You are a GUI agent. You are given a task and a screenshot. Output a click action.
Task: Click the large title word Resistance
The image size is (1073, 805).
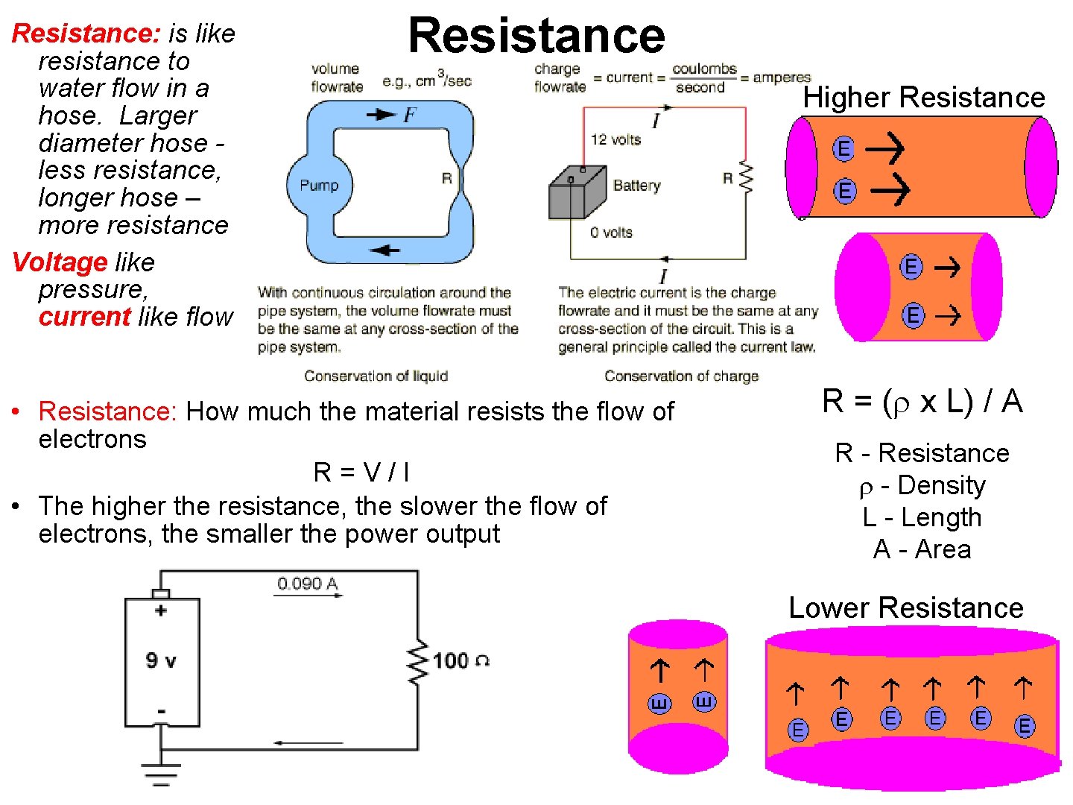click(x=536, y=35)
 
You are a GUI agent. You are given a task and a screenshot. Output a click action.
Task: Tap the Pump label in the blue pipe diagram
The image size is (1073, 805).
click(x=319, y=185)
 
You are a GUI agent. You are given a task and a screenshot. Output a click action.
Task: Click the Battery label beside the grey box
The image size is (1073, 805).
click(x=636, y=185)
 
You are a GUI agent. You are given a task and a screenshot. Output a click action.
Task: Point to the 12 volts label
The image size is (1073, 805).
click(x=615, y=139)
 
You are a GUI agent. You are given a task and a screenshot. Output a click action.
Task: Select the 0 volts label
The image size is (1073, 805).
click(x=611, y=233)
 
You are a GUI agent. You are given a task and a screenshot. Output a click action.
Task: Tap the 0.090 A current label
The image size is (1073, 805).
click(x=307, y=584)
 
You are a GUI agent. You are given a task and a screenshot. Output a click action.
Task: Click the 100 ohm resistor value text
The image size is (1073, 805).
click(x=460, y=660)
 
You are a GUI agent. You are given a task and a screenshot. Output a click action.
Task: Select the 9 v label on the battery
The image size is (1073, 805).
click(x=161, y=660)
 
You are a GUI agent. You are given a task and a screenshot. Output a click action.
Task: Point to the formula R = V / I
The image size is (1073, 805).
click(x=361, y=473)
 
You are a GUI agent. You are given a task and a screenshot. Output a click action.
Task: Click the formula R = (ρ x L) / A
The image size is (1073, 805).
click(x=922, y=402)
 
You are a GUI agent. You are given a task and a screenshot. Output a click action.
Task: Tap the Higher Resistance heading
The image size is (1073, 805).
click(x=924, y=98)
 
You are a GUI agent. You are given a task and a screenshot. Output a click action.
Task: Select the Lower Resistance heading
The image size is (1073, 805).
click(x=905, y=608)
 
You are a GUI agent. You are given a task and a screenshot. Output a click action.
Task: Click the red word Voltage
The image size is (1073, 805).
click(x=60, y=262)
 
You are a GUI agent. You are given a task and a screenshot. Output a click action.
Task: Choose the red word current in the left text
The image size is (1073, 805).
click(x=84, y=317)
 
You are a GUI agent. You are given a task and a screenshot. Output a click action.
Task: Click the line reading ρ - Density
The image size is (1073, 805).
click(x=922, y=485)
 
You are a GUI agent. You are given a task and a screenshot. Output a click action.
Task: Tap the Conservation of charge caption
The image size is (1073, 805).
click(x=681, y=376)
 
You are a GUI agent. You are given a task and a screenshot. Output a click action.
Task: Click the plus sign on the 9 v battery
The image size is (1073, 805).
click(x=160, y=611)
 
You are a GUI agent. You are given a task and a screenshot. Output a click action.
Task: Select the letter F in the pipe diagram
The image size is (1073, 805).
click(x=410, y=115)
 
